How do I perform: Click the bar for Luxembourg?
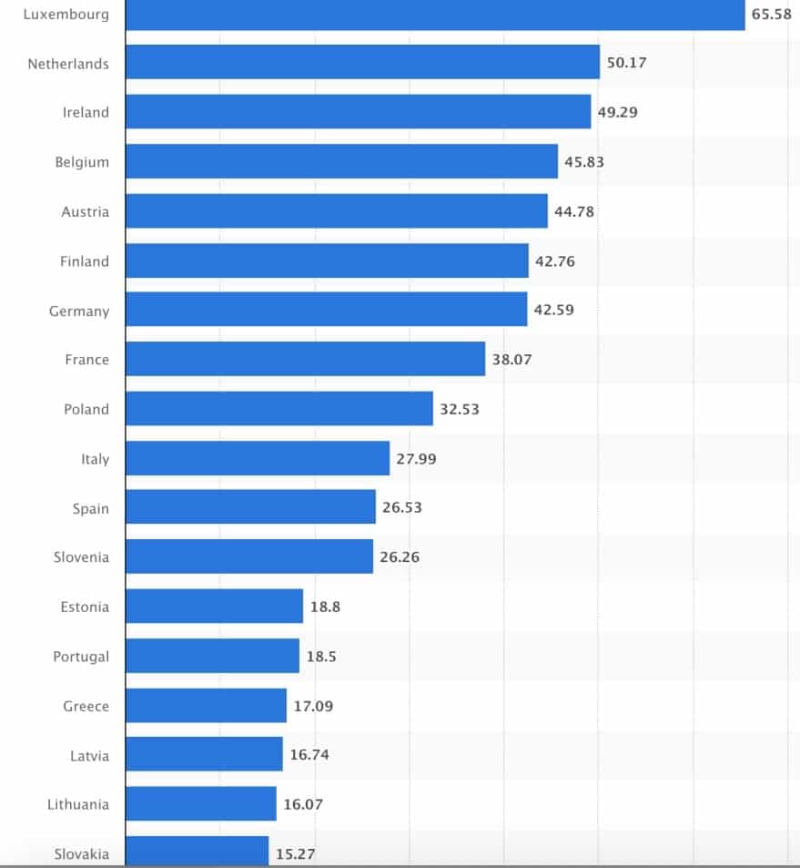[x=435, y=15]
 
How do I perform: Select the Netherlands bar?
[x=362, y=63]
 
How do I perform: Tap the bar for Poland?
[x=278, y=408]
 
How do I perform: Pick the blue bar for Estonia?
[x=214, y=606]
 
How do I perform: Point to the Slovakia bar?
[x=197, y=853]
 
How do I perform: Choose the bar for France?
[x=305, y=359]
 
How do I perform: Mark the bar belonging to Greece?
[x=206, y=705]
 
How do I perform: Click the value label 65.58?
[x=771, y=15]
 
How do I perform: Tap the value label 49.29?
[x=617, y=112]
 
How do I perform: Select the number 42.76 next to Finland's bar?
[x=555, y=260]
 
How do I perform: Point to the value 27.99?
[x=416, y=458]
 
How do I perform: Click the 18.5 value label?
[x=321, y=656]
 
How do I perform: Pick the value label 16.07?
[x=302, y=804]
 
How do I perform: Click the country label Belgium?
[x=82, y=162]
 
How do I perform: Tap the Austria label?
[x=85, y=211]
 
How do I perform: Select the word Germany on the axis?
[x=79, y=311]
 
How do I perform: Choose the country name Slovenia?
[x=81, y=557]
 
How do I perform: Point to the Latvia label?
[x=89, y=755]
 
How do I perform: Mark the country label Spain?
[x=91, y=508]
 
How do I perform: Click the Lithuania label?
[x=78, y=804]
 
